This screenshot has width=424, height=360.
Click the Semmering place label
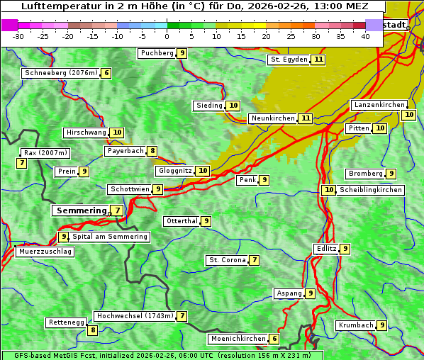(80, 210)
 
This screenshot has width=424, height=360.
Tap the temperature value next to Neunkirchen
(306, 118)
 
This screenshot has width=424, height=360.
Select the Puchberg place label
(157, 53)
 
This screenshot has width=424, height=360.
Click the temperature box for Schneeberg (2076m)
(106, 73)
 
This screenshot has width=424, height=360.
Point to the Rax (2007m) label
(45, 152)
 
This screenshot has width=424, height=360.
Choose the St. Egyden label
(289, 60)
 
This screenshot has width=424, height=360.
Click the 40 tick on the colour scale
(365, 36)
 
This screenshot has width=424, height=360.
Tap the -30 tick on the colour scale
(18, 36)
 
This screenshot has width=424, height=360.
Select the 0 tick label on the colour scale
(167, 36)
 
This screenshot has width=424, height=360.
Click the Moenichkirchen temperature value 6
(274, 339)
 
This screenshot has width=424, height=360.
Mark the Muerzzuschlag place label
(45, 252)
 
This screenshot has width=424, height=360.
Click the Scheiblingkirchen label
(370, 190)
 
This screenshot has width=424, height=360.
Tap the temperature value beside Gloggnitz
(203, 171)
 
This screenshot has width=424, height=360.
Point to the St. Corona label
(227, 260)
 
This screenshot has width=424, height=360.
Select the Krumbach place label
(355, 325)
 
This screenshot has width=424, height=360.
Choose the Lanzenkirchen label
(379, 105)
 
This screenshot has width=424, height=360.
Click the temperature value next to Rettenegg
(92, 330)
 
